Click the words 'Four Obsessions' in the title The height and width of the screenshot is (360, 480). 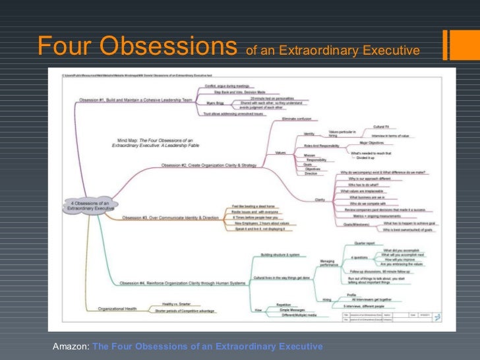[137, 46]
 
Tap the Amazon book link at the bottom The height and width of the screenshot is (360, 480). [207, 346]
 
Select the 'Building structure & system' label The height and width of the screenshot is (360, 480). [280, 255]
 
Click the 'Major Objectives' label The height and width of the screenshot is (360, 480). [373, 142]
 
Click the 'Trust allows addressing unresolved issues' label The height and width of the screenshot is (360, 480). [225, 114]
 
